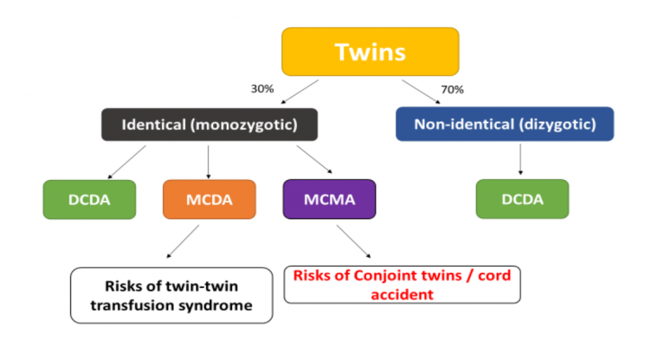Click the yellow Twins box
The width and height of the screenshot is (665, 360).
[x=369, y=51]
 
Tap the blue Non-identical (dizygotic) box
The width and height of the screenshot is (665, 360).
[x=504, y=124]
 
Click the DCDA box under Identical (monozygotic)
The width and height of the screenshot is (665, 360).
[x=89, y=199]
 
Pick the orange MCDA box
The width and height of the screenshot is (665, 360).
[x=209, y=199]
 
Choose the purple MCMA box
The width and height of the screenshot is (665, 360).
[x=328, y=199]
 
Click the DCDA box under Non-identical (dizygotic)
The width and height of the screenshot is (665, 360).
[x=521, y=199]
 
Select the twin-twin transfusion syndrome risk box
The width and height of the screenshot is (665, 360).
[x=170, y=295]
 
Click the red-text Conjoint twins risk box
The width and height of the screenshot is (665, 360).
[x=402, y=284]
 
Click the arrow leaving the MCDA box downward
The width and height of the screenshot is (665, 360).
[x=184, y=241]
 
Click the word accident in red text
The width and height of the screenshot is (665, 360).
[x=402, y=293]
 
